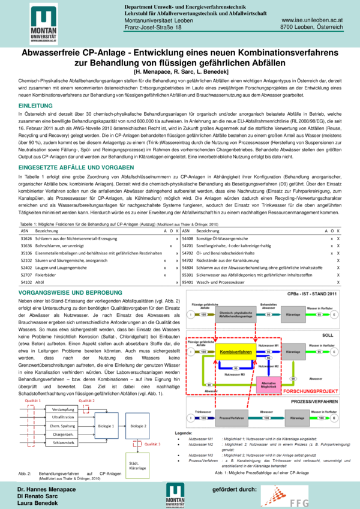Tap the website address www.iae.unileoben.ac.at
pos(312,20)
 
